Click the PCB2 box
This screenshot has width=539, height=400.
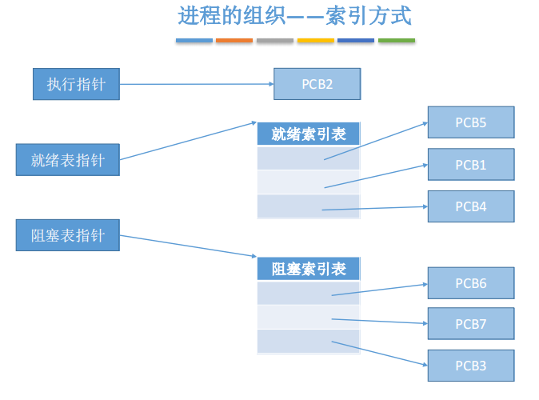[317, 84]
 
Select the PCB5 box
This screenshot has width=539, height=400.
[471, 122]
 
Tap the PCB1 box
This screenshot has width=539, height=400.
[471, 165]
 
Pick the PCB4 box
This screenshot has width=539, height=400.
[471, 206]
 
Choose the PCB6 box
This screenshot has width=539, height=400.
[471, 283]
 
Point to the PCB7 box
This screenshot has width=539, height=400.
[471, 324]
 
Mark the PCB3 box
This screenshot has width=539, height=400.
[471, 366]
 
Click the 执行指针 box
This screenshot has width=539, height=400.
[76, 84]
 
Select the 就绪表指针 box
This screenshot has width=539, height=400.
[68, 160]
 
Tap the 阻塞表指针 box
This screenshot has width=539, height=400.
[68, 235]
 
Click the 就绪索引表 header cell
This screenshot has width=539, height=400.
[309, 134]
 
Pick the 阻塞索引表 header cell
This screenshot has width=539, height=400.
[309, 269]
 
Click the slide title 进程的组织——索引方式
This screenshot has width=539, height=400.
[294, 15]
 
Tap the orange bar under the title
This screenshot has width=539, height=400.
[234, 40]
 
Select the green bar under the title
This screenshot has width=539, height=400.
[397, 40]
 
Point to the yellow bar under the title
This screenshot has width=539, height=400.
[316, 40]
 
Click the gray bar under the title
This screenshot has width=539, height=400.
[275, 40]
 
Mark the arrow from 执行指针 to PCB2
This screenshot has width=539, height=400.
[197, 84]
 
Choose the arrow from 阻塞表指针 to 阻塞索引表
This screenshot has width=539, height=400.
[188, 246]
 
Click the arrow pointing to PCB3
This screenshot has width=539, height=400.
[380, 354]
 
